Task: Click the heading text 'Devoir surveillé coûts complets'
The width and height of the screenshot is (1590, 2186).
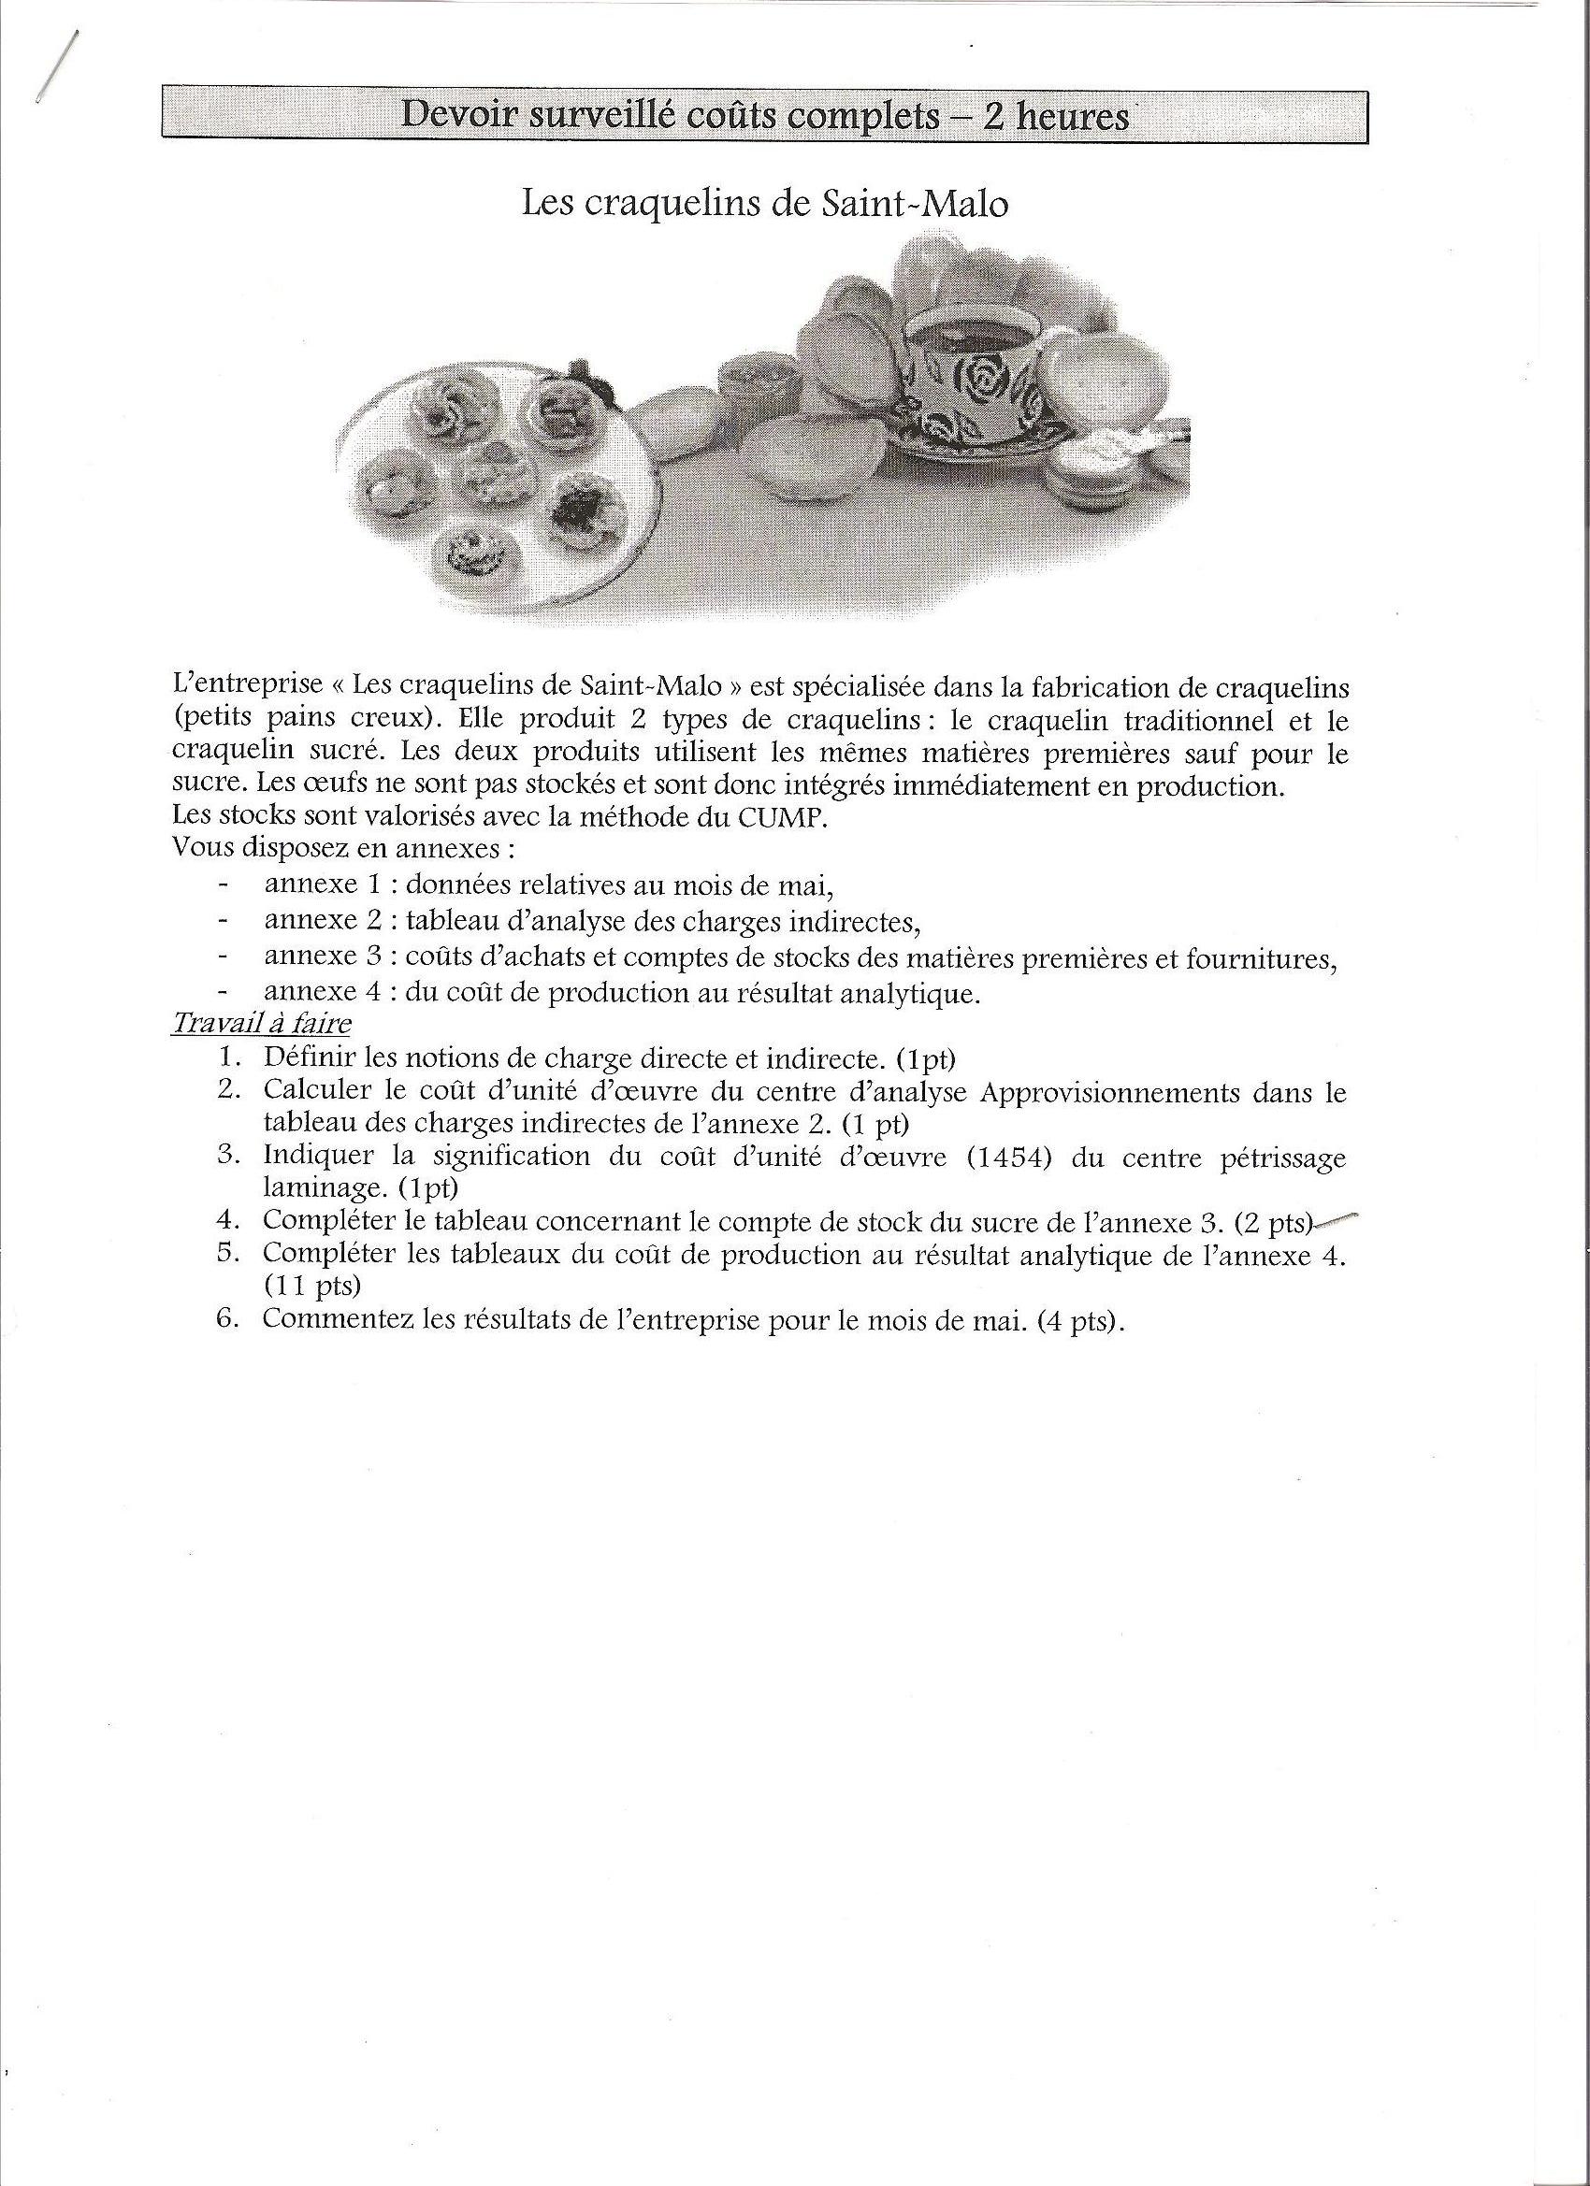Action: click(x=669, y=117)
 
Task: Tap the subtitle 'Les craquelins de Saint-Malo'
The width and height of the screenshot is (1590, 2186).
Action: click(x=765, y=205)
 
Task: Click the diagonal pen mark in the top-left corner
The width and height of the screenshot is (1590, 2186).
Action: click(x=56, y=65)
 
